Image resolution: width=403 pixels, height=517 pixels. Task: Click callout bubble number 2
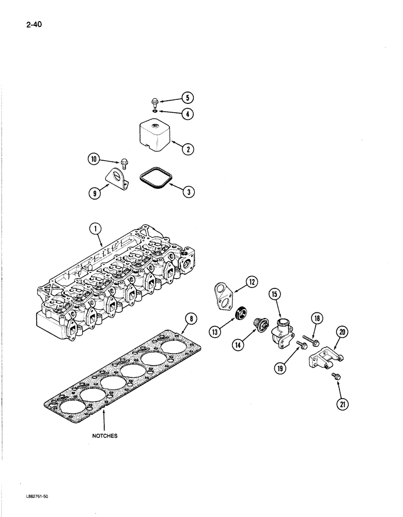[x=188, y=149]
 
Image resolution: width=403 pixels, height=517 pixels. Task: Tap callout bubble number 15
[x=274, y=296]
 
